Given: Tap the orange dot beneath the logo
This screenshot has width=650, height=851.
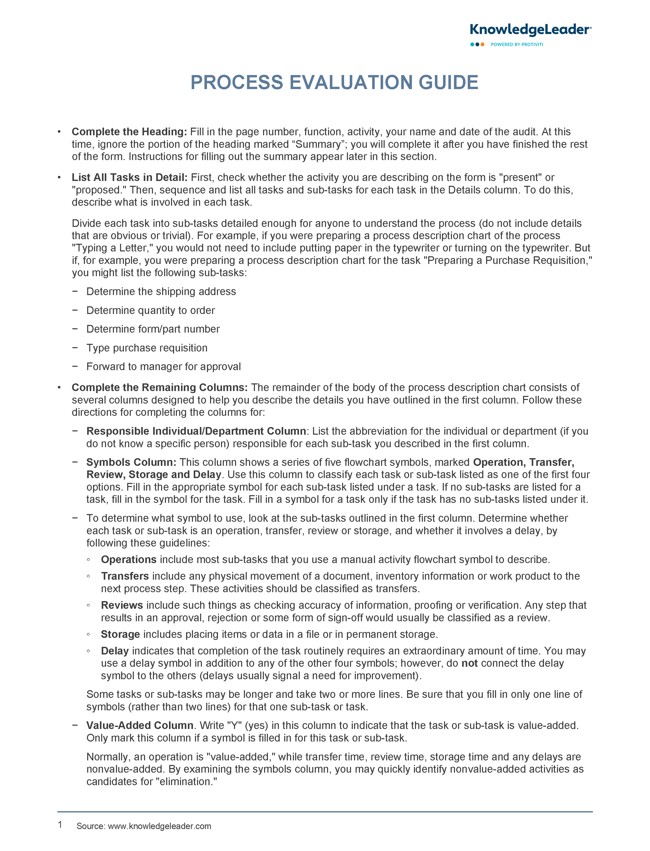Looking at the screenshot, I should point(483,45).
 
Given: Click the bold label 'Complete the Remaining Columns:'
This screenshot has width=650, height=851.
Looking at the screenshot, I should point(159,387).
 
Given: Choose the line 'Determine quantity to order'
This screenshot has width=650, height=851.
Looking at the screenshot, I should point(150,310).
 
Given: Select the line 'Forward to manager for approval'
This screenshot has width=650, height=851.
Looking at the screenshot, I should point(163,367).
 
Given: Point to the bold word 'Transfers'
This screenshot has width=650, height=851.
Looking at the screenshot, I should point(125,576).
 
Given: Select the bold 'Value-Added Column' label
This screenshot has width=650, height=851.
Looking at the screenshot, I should point(140,725).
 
